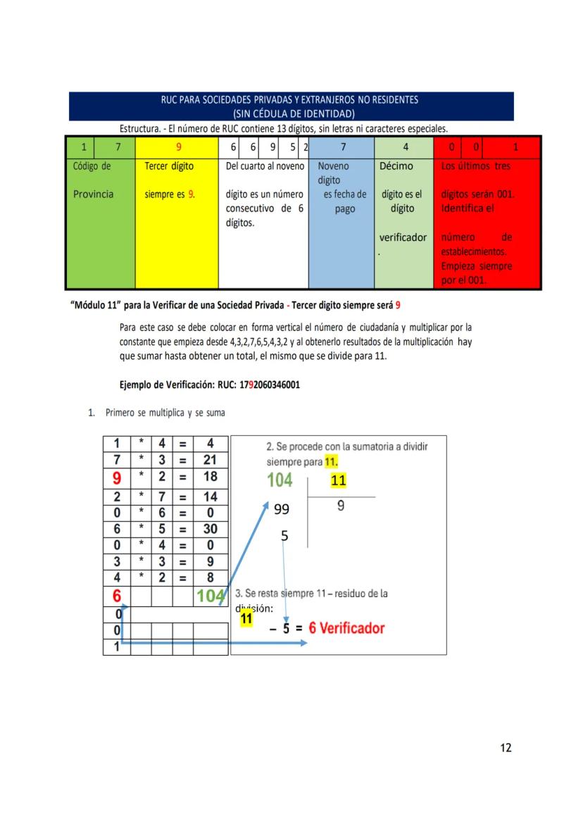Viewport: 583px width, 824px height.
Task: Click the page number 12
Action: click(506, 748)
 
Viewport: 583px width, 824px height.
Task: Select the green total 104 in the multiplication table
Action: click(211, 597)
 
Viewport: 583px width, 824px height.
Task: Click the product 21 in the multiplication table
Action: click(210, 460)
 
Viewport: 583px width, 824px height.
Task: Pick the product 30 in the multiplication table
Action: click(210, 529)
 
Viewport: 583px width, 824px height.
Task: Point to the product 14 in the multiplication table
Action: click(210, 496)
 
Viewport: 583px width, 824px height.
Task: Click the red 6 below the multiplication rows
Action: click(117, 597)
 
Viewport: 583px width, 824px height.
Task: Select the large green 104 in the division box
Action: click(280, 481)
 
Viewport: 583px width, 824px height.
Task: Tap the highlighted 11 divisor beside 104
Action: click(339, 481)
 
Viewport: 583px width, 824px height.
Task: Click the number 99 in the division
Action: click(282, 508)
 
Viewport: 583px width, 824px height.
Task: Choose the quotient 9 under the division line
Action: click(341, 506)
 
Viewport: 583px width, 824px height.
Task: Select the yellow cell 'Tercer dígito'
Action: click(168, 167)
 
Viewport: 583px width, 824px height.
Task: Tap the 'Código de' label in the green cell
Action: click(92, 167)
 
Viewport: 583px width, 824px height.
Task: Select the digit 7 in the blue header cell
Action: click(342, 147)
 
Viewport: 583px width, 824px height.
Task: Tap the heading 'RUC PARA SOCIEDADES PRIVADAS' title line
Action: click(290, 100)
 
